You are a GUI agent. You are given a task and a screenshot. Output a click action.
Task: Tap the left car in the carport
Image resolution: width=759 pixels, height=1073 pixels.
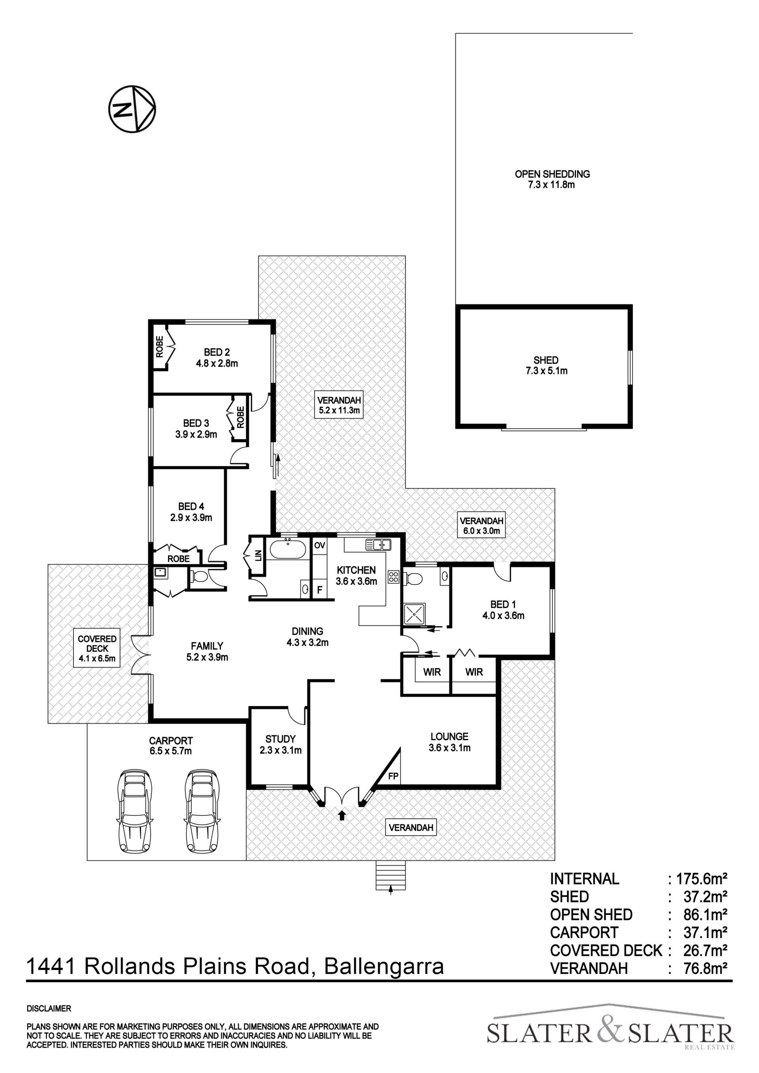pos(136,811)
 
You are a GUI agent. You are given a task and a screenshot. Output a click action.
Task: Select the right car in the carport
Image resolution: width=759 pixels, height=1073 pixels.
pos(202,811)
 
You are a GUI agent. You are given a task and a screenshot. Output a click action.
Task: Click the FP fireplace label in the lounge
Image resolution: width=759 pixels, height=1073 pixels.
pos(393,776)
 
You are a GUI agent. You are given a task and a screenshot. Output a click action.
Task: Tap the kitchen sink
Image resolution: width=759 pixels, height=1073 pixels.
pos(379,544)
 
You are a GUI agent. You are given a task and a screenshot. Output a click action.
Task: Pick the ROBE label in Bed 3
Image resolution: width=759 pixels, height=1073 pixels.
pos(240,417)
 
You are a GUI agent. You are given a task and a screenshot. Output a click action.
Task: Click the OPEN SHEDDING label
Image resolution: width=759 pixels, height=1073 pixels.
pos(552,174)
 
